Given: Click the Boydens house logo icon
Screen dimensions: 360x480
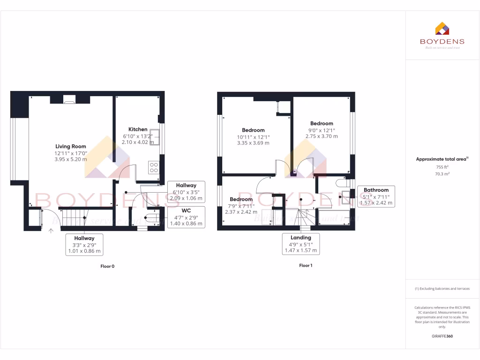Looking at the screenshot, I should pos(442,29).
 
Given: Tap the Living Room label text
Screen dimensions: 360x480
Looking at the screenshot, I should pos(71,146).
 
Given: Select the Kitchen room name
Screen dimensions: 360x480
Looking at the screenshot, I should pos(138,129).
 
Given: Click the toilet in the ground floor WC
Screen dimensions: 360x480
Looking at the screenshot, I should pos(152,217).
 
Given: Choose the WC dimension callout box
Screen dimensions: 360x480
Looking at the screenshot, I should pos(186,217).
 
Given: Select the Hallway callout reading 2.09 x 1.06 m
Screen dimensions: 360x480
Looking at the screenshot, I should pos(186,192).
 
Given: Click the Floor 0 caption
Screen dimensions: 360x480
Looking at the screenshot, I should pos(107,266).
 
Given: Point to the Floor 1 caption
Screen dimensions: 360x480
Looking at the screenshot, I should pos(306,265).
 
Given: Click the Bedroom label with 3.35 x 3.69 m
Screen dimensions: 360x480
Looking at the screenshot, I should pos(253,130).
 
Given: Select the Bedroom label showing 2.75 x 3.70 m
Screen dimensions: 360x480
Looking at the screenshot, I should pos(321,124).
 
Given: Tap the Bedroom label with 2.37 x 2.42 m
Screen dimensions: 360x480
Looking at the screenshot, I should pos(241,200).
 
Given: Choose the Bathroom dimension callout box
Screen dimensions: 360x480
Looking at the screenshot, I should pos(376,196).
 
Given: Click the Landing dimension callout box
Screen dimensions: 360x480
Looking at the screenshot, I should pos(300,244).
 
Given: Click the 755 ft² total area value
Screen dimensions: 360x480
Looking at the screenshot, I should pos(442,166).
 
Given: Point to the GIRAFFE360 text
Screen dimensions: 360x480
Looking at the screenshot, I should pos(442,336).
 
